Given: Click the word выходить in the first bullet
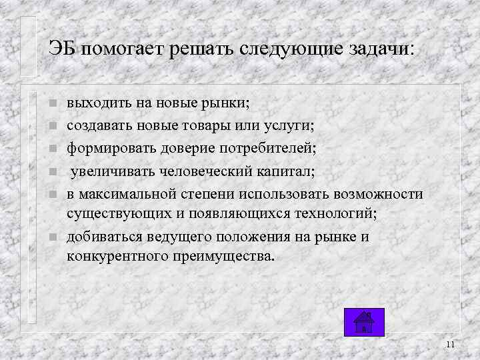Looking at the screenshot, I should pyautogui.click(x=95, y=103).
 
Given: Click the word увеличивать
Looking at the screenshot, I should pyautogui.click(x=112, y=171).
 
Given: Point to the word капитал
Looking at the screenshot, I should pyautogui.click(x=283, y=171).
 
